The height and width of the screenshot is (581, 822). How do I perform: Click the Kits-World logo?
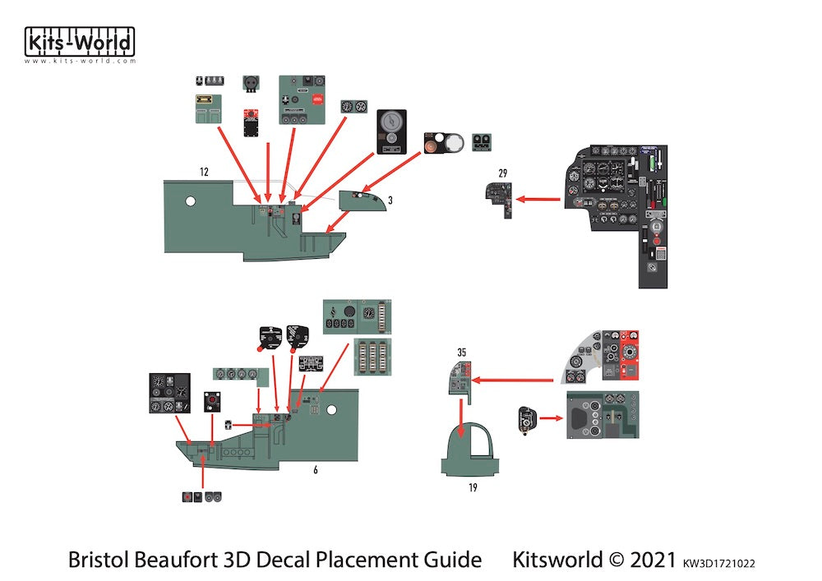[80, 42]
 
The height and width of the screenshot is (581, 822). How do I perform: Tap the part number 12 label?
[204, 172]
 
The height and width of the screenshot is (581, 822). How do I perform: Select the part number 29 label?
[503, 173]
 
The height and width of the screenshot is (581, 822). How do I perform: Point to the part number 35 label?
[462, 353]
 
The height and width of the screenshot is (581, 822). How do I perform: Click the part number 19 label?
[473, 487]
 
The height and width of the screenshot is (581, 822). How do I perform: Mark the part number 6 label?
[315, 469]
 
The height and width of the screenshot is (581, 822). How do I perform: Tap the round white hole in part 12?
[191, 200]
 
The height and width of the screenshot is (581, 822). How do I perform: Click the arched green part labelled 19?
[472, 457]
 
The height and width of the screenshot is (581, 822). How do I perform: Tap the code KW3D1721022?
[718, 563]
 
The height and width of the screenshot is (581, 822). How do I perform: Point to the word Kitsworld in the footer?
[557, 560]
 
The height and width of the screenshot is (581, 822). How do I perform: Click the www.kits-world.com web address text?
[80, 62]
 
